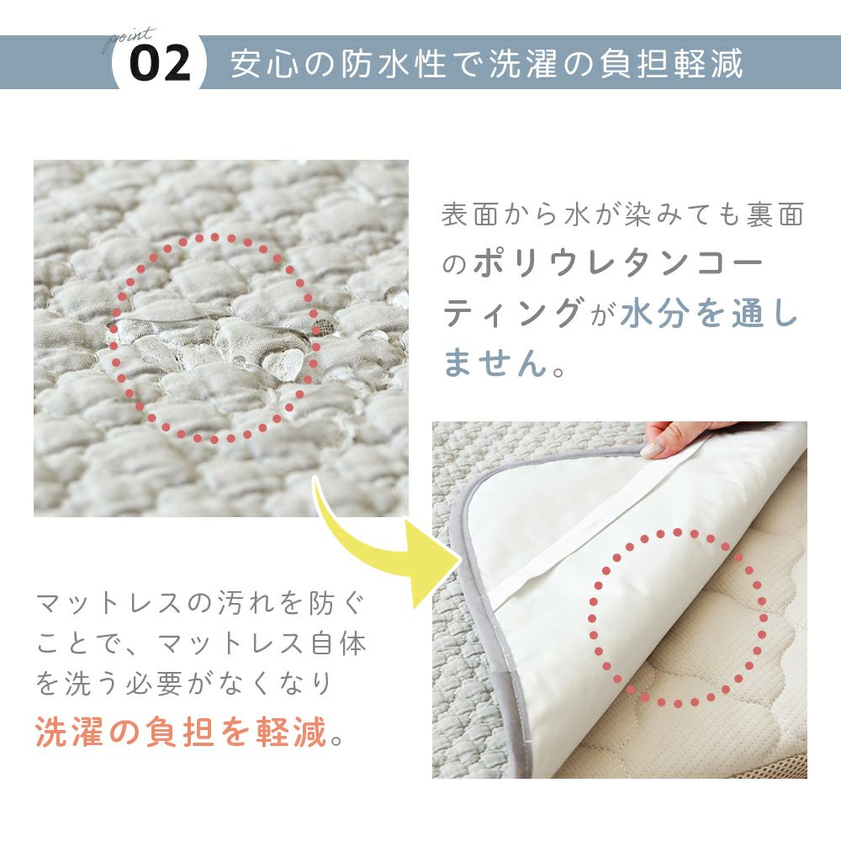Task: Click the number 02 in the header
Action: pyautogui.click(x=160, y=63)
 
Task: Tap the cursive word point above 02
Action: pyautogui.click(x=130, y=39)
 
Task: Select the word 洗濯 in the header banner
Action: pyautogui.click(x=523, y=63)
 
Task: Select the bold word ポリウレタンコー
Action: pyautogui.click(x=617, y=263)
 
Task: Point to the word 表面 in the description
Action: pyautogui.click(x=470, y=215)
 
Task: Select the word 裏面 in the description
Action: pyautogui.click(x=775, y=215)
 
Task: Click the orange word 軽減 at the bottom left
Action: pyautogui.click(x=291, y=733)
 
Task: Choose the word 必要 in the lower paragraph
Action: pyautogui.click(x=155, y=683)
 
